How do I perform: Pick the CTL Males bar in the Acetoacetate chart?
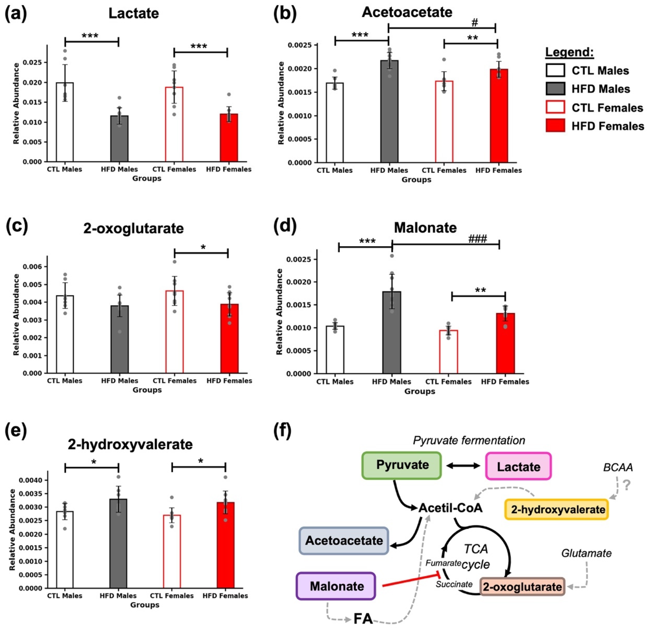point(334,123)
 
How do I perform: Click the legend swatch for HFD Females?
point(555,126)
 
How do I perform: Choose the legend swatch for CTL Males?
point(555,70)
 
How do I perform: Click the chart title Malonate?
point(425,228)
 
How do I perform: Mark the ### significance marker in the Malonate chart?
point(477,239)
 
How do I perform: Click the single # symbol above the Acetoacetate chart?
point(475,23)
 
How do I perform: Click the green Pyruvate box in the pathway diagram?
point(401,465)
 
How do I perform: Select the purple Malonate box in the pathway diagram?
point(336,586)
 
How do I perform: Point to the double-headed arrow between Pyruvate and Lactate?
point(463,466)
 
